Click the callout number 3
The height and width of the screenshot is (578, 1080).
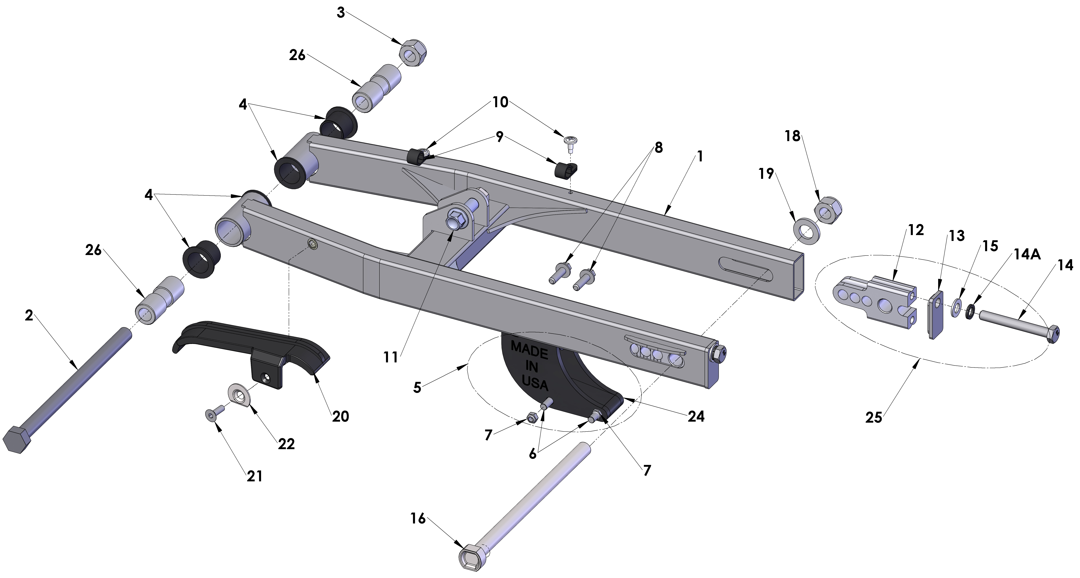(341, 13)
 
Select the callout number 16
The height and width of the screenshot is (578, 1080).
(418, 519)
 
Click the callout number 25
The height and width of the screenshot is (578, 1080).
(874, 418)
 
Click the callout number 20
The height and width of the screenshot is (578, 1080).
(340, 416)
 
